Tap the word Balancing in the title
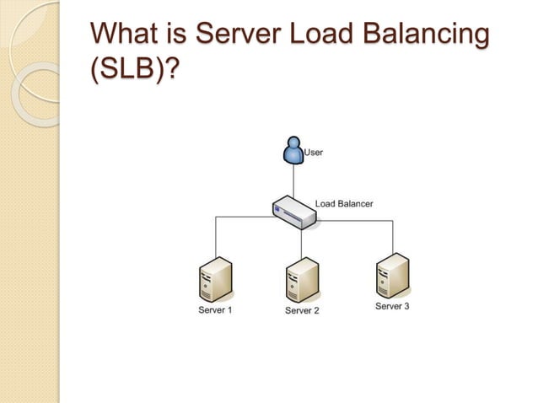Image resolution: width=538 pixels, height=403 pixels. point(430,37)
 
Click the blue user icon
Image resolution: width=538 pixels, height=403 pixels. point(293,152)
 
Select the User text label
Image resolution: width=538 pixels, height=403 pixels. point(313,153)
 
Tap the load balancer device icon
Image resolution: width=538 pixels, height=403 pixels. point(294,212)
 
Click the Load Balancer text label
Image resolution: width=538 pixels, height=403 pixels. point(343,203)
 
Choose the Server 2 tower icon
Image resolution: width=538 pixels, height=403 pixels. point(302,280)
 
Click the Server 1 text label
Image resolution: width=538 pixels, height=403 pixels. point(214,310)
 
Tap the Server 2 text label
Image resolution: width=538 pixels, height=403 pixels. point(302,311)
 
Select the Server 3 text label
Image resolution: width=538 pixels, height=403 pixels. point(392,306)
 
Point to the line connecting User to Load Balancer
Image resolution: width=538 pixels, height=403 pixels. point(293,181)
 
